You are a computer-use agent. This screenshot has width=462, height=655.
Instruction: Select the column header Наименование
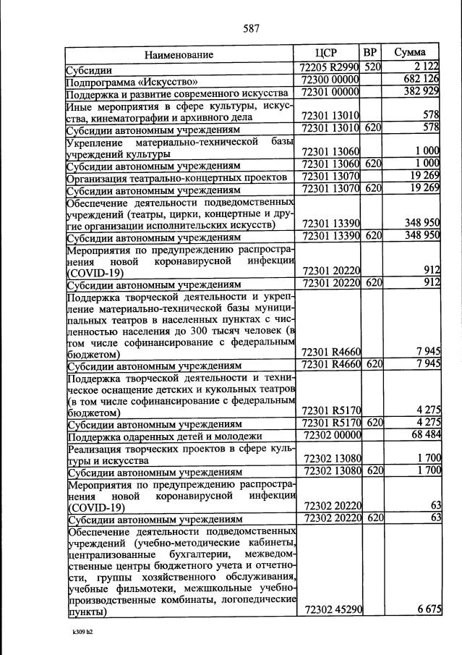click(x=179, y=55)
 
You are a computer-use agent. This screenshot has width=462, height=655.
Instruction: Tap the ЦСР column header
click(x=327, y=53)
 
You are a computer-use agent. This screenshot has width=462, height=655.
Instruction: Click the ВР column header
click(x=370, y=53)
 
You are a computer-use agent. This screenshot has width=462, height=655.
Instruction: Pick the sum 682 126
click(x=422, y=80)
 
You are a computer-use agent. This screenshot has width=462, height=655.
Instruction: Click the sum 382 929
click(x=422, y=93)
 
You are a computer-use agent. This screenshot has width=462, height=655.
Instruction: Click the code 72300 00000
click(x=329, y=80)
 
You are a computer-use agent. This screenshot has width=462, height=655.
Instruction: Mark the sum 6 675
click(x=429, y=612)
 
